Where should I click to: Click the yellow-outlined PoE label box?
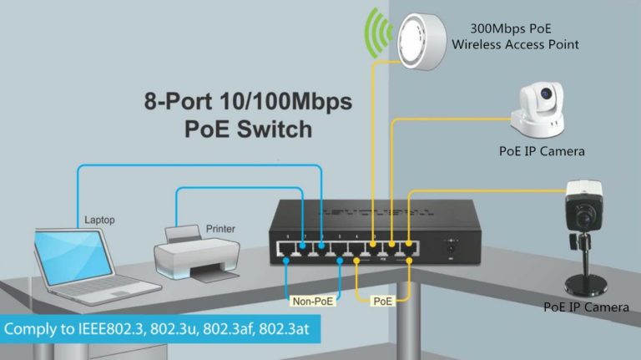(x=383, y=299)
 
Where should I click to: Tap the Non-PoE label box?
(x=312, y=299)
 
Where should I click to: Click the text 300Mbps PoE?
(x=512, y=27)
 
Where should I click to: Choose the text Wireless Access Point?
(x=515, y=44)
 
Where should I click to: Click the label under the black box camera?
(x=585, y=307)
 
